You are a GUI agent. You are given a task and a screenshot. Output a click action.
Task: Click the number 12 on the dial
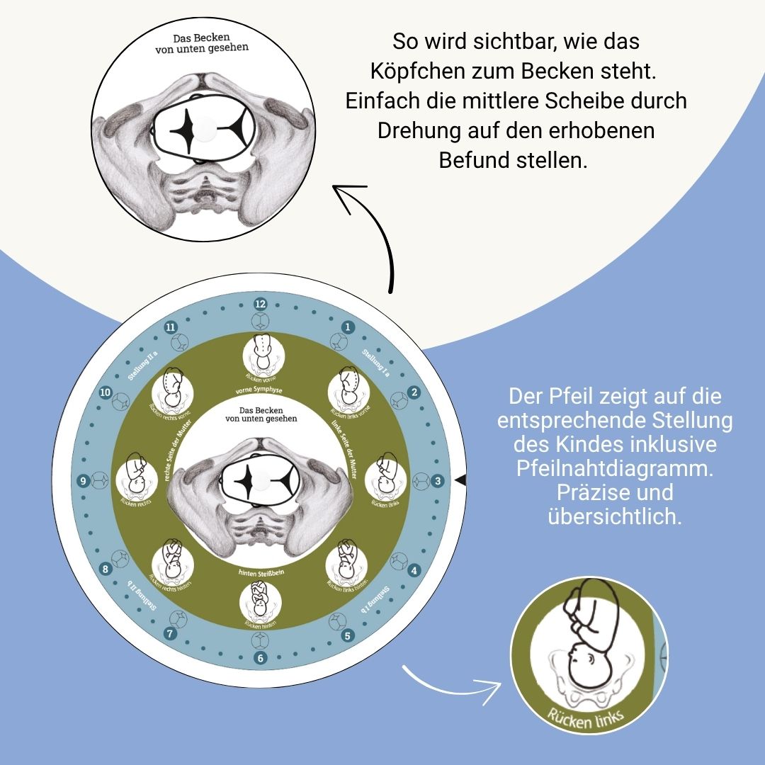260,304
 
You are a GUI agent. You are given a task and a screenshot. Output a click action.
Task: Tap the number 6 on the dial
260,658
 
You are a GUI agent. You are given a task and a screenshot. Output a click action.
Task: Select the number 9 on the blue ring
83,482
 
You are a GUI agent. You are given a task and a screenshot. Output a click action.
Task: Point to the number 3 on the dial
438,482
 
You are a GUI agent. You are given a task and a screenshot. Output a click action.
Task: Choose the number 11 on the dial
170,327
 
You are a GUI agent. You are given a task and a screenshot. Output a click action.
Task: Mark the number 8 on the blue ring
106,569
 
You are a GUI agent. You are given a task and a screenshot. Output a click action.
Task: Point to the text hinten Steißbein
260,571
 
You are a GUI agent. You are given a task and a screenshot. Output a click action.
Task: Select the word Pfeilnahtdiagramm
615,469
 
